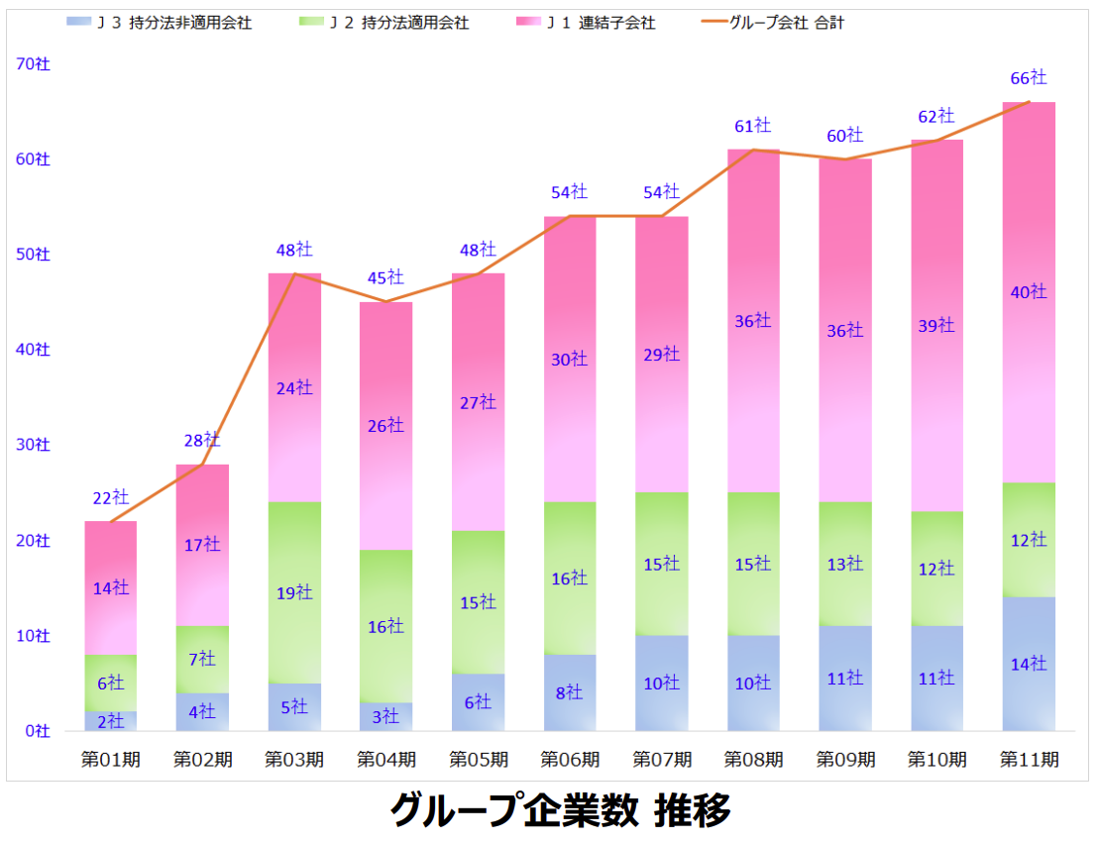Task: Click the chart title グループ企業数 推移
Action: coord(560,810)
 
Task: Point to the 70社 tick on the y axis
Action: coord(34,63)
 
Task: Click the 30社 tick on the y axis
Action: coord(34,445)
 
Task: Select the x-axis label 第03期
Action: coord(294,760)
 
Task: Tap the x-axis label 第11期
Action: coord(1029,760)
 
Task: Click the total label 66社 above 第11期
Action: coord(1029,77)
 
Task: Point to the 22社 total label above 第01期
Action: coord(111,497)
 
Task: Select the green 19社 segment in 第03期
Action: coord(294,592)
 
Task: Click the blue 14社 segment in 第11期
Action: coord(1029,664)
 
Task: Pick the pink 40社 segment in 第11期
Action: coord(1029,292)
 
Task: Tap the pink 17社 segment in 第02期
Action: coord(202,545)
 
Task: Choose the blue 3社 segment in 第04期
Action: coord(386,716)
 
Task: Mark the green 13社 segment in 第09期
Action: coord(845,564)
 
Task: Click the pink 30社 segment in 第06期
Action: coord(570,359)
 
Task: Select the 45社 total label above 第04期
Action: coord(386,277)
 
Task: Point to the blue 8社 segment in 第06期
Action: coord(570,692)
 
